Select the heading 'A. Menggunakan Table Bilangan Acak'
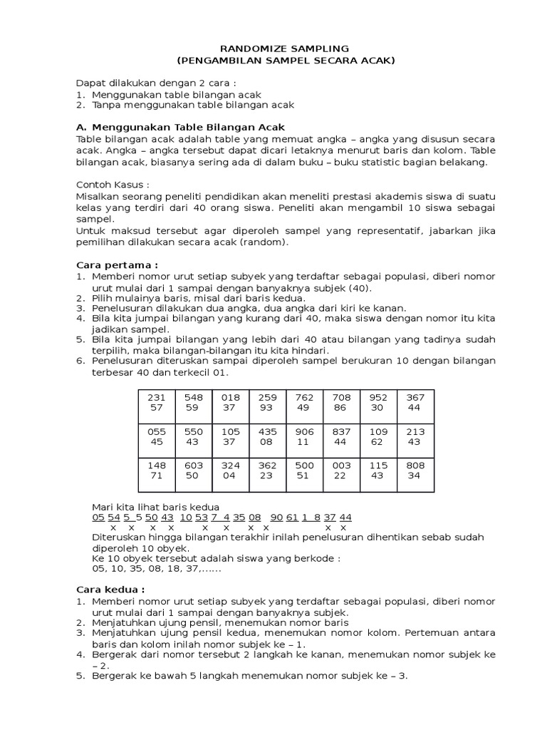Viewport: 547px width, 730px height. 174,126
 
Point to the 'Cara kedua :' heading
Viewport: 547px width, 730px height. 110,590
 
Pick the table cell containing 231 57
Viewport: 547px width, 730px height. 155,402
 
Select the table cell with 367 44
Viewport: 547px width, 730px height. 415,402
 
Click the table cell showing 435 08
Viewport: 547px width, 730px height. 267,437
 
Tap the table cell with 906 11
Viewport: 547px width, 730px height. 304,437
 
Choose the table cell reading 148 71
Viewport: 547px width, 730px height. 155,471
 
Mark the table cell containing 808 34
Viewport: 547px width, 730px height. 415,471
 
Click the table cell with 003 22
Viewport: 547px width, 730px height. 341,471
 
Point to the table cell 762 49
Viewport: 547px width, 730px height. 304,402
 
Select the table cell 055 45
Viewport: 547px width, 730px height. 155,437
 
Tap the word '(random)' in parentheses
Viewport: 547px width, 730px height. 268,242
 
